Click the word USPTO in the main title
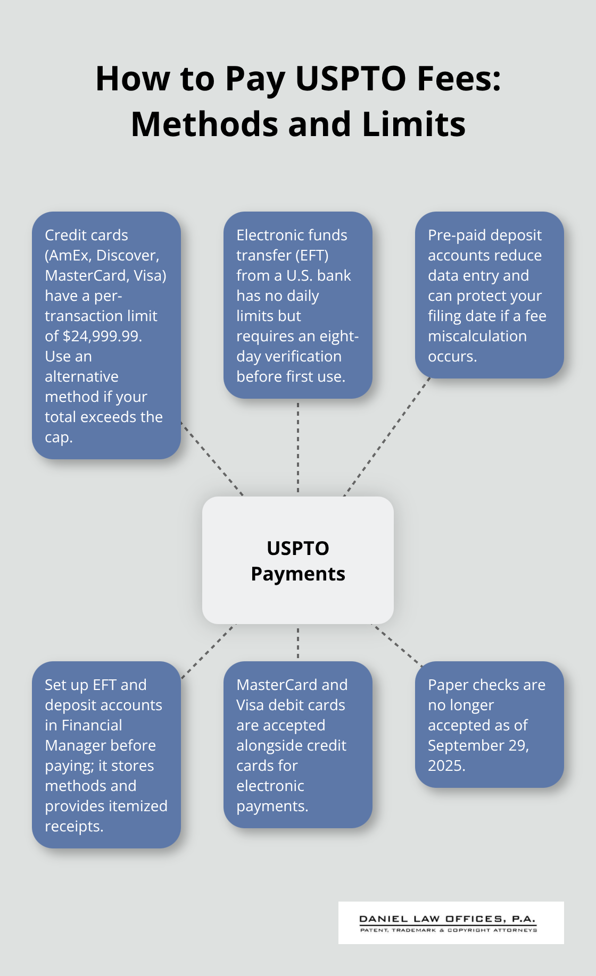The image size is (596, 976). point(350,79)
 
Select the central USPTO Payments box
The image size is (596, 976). point(298,560)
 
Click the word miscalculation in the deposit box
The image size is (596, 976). point(477,336)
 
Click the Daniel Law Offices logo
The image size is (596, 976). point(451,923)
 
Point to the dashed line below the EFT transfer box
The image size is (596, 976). point(298,447)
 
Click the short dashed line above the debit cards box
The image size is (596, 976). point(298,642)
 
